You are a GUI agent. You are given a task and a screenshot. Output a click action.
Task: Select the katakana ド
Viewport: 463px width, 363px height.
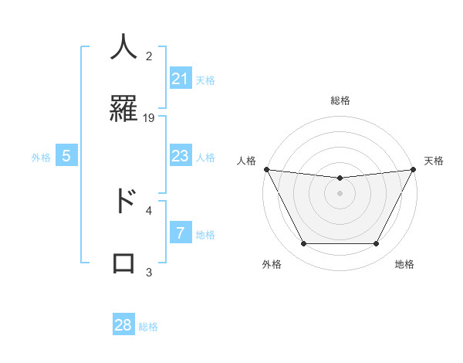pyautogui.click(x=123, y=200)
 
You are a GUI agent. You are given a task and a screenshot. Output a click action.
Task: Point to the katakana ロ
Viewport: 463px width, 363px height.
pyautogui.click(x=123, y=262)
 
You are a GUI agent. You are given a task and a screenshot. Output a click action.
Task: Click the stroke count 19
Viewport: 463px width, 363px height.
pyautogui.click(x=149, y=117)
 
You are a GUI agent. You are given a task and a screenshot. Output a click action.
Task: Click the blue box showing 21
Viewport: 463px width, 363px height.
pyautogui.click(x=180, y=79)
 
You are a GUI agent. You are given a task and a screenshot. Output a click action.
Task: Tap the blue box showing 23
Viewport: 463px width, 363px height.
pyautogui.click(x=180, y=156)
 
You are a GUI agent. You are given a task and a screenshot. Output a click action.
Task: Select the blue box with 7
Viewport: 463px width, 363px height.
pyautogui.click(x=180, y=233)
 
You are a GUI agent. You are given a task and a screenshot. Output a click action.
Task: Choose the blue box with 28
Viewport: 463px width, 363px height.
pyautogui.click(x=123, y=325)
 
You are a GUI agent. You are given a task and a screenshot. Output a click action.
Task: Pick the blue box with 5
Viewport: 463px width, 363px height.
pyautogui.click(x=66, y=156)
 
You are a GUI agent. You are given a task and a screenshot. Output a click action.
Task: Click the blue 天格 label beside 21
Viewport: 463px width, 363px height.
pyautogui.click(x=204, y=80)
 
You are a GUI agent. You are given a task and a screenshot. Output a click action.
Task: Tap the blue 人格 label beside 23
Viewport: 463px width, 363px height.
pyautogui.click(x=204, y=157)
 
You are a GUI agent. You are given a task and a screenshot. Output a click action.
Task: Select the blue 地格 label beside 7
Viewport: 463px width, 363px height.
pyautogui.click(x=204, y=234)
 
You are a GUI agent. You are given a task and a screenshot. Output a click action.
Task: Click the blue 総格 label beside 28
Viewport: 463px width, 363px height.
pyautogui.click(x=148, y=326)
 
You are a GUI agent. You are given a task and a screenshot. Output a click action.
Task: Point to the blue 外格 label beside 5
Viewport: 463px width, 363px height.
pyautogui.click(x=41, y=157)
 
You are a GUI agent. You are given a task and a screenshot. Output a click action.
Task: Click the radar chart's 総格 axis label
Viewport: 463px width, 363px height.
pyautogui.click(x=340, y=100)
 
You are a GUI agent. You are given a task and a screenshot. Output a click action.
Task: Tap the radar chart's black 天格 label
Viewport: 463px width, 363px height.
pyautogui.click(x=434, y=161)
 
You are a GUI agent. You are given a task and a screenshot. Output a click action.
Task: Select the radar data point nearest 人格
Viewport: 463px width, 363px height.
pyautogui.click(x=267, y=169)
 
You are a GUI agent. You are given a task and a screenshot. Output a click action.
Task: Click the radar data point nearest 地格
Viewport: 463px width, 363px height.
pyautogui.click(x=377, y=244)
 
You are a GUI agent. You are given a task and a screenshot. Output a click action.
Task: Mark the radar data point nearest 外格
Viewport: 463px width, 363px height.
pyautogui.click(x=303, y=244)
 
